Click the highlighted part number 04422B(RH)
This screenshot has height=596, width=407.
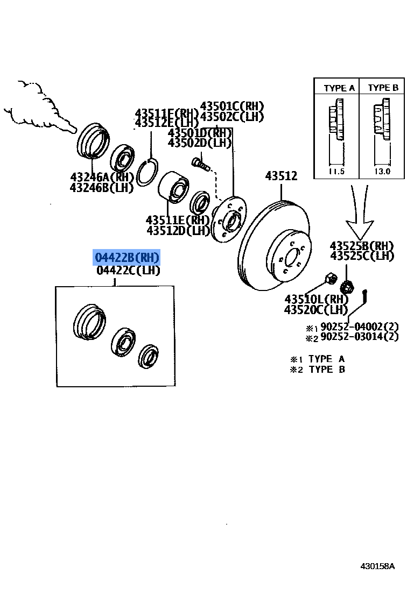pyautogui.click(x=127, y=258)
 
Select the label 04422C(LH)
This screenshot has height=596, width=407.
pyautogui.click(x=128, y=271)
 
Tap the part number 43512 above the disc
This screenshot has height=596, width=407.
pyautogui.click(x=281, y=176)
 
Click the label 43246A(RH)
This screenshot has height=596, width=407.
pyautogui.click(x=101, y=177)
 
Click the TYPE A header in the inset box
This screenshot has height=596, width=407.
pyautogui.click(x=339, y=88)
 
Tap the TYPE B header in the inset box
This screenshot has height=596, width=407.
pyautogui.click(x=383, y=88)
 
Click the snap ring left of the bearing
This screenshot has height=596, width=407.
pyautogui.click(x=146, y=173)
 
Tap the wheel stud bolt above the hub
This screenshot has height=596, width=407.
pyautogui.click(x=200, y=162)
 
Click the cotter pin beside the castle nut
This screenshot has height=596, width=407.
pyautogui.click(x=366, y=296)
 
